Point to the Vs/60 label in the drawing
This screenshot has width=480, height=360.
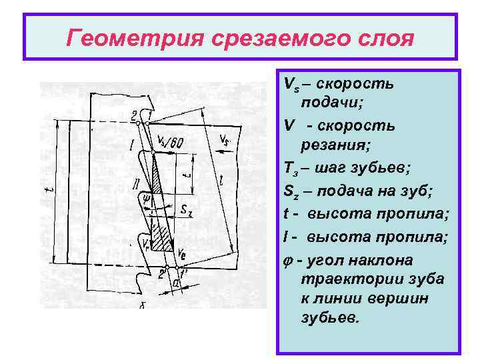(x=172, y=142)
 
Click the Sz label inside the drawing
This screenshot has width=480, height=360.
(x=186, y=211)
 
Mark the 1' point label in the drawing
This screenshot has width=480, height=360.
(x=183, y=273)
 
